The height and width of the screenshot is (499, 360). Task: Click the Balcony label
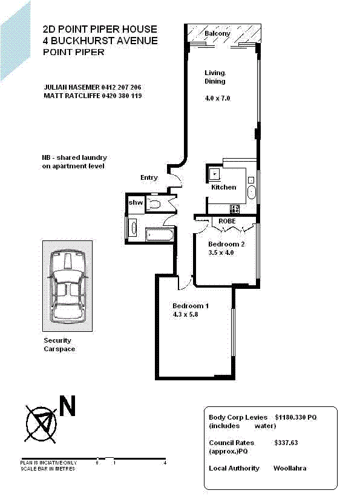pos(217,33)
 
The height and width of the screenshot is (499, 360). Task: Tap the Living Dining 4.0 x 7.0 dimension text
pos(218,98)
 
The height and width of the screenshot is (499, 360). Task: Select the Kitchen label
pos(223,187)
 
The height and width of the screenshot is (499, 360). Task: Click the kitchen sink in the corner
pos(215,174)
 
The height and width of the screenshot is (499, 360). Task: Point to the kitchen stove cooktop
pos(235,209)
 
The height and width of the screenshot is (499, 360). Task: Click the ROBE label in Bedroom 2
pos(227,222)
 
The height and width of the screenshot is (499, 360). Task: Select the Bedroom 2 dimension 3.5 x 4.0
pos(221,253)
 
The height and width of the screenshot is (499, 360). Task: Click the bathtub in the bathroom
pos(160,233)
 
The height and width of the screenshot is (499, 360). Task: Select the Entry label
pos(149,177)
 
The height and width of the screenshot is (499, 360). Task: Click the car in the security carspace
pos(68,286)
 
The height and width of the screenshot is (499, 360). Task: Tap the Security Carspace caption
pos(59,345)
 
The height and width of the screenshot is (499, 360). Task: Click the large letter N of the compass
pos(67,407)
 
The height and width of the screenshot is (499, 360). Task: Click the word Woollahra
pos(290,468)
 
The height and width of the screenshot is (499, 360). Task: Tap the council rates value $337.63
pos(286,443)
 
